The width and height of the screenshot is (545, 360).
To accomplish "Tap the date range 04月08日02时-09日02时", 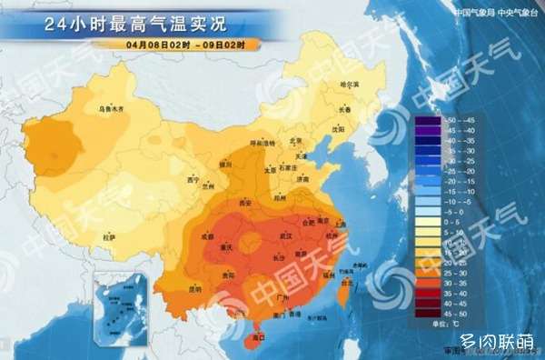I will click(x=187, y=44).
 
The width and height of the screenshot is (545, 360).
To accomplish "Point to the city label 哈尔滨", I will click(x=350, y=85).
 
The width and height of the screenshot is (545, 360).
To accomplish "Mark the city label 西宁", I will click(x=192, y=180).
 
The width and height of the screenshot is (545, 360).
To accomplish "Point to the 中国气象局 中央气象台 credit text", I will click(x=491, y=13).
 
